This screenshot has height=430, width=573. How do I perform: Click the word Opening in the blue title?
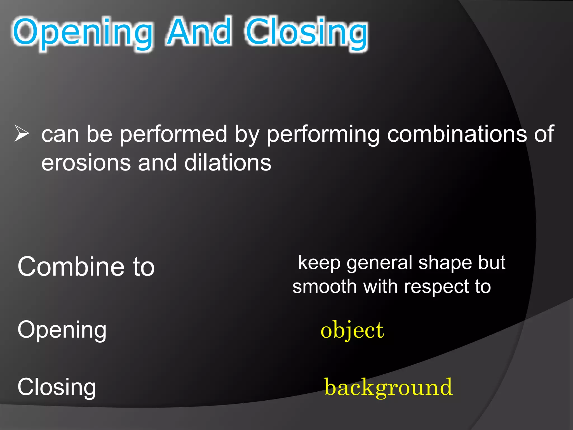83,32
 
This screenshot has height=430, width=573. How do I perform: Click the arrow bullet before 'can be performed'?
22,134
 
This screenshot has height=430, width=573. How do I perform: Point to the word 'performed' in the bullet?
173,134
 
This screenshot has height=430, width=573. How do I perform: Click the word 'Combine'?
71,267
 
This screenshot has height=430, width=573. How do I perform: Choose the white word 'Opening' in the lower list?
62,330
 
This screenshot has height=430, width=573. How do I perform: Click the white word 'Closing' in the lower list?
57,387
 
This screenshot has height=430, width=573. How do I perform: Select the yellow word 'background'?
388,388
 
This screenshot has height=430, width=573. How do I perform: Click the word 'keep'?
319,263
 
